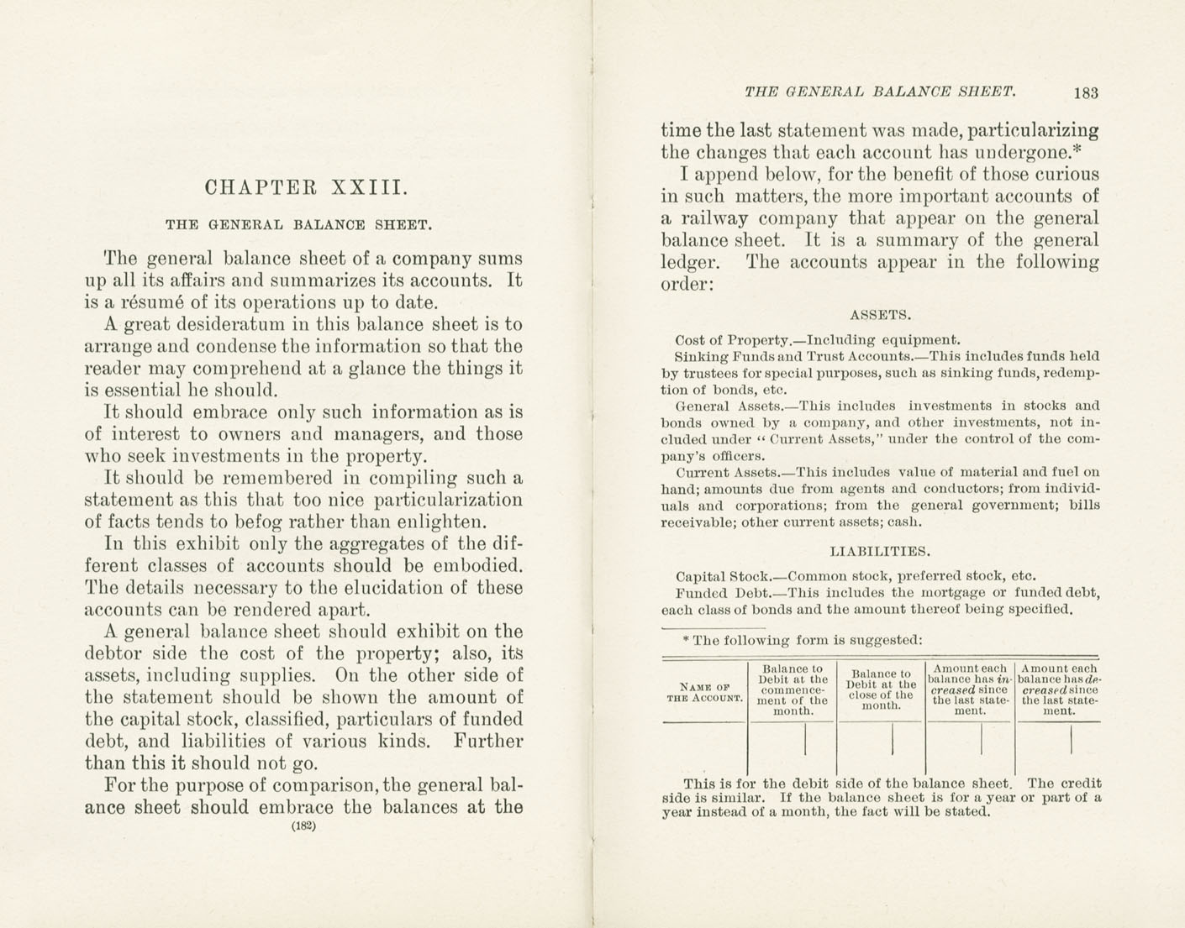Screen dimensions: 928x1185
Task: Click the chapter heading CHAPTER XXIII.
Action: pyautogui.click(x=307, y=187)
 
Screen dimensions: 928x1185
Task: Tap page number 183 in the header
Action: pyautogui.click(x=1086, y=93)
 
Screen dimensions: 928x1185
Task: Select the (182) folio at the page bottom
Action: pyautogui.click(x=303, y=826)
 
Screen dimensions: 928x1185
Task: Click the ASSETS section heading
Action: pyautogui.click(x=880, y=316)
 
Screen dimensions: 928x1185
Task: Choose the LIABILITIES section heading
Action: pyautogui.click(x=880, y=552)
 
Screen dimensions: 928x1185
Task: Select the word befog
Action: pyautogui.click(x=280, y=522)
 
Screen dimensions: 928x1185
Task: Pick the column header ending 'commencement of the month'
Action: pyautogui.click(x=793, y=690)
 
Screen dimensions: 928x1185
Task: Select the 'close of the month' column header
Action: pyautogui.click(x=881, y=689)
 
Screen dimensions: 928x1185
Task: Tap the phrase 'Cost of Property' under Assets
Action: pyautogui.click(x=732, y=340)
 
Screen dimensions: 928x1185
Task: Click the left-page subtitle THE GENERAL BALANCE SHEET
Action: pyautogui.click(x=298, y=225)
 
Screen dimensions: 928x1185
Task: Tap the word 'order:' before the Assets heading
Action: pyautogui.click(x=687, y=284)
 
